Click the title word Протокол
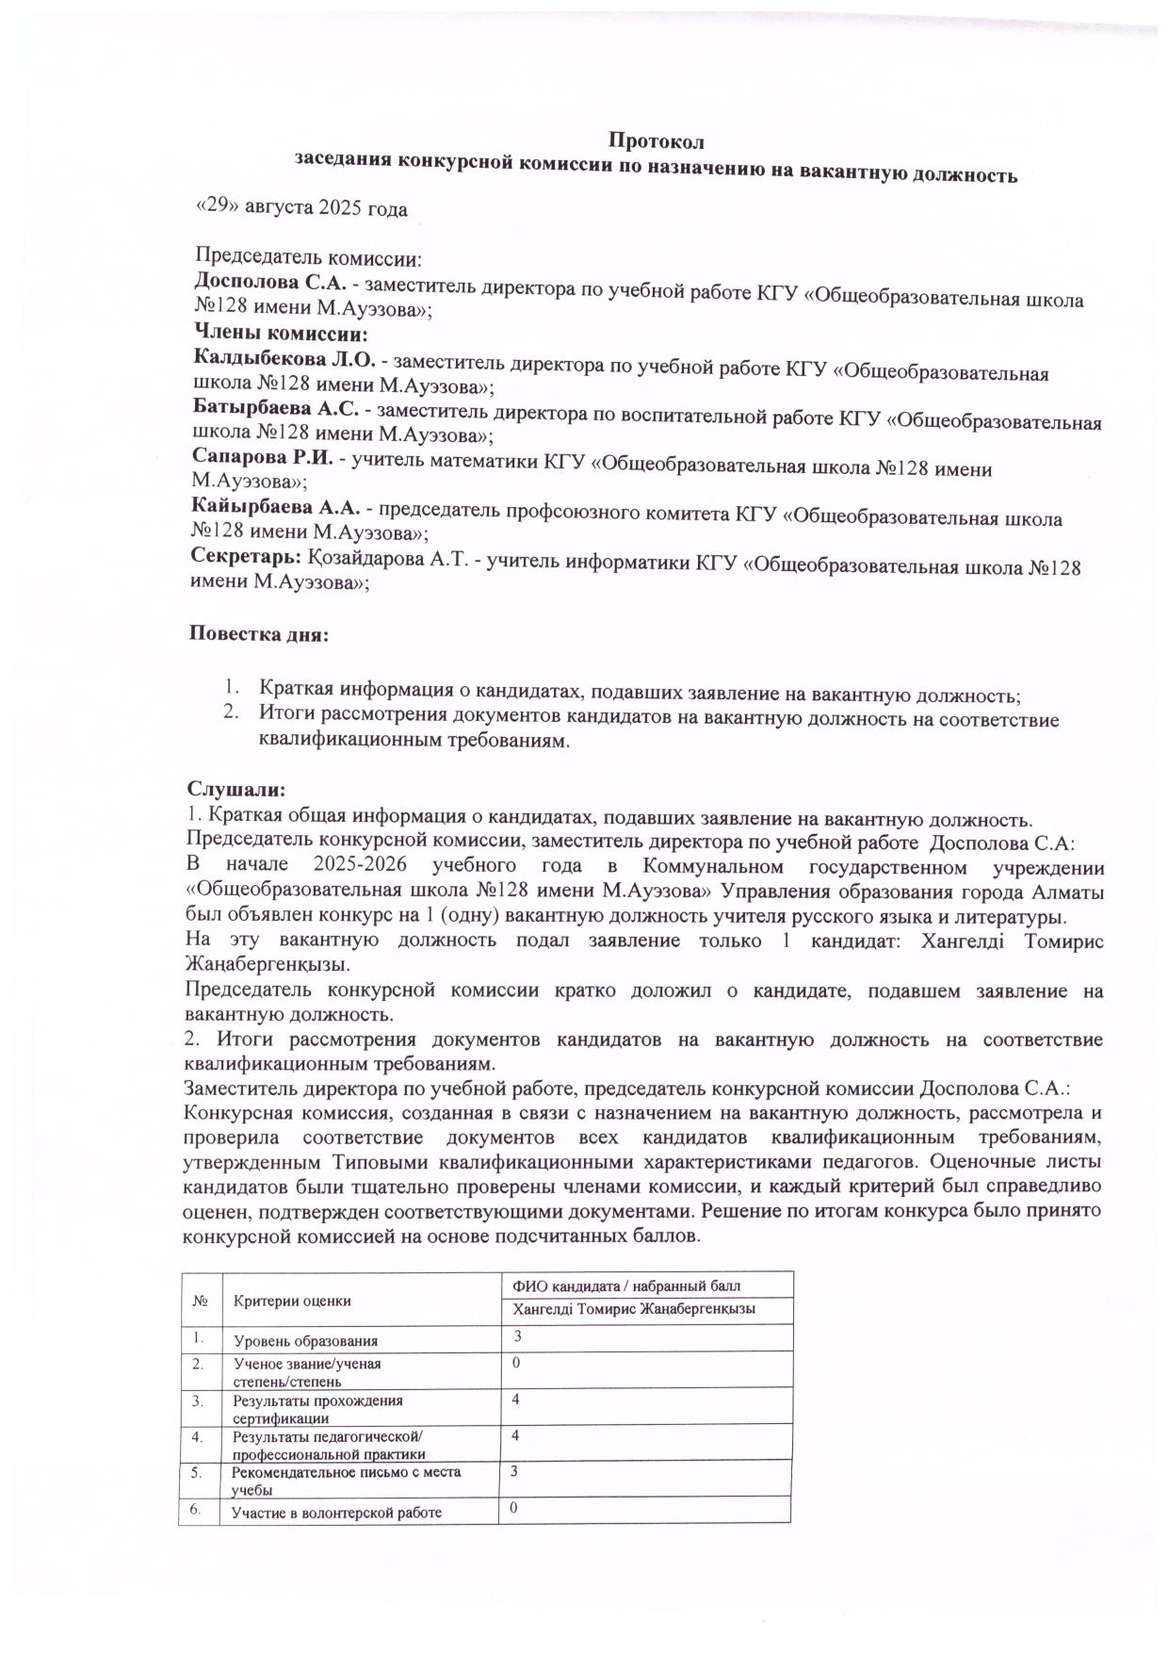[656, 141]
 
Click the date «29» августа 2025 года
[300, 208]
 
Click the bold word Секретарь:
[245, 558]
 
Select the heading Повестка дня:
[259, 633]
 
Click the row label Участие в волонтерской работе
[336, 1514]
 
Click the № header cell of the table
[200, 1301]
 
